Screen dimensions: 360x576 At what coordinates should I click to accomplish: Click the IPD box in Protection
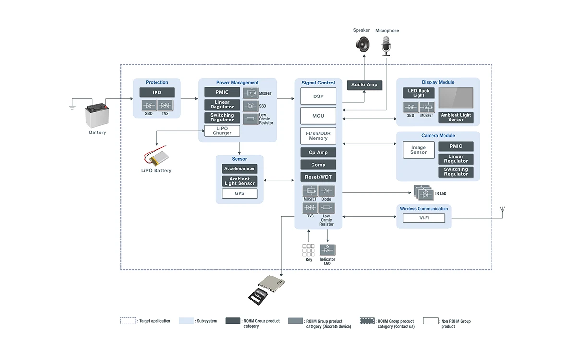tap(157, 93)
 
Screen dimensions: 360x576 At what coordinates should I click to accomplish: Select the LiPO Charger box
tap(222, 131)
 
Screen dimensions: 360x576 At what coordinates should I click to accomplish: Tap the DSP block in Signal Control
tap(318, 96)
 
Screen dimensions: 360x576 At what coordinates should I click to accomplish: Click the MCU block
tap(318, 116)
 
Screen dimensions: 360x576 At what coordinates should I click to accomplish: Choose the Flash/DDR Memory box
tap(318, 136)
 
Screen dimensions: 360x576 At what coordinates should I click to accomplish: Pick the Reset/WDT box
tap(318, 177)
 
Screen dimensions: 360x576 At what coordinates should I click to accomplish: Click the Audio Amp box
tap(364, 85)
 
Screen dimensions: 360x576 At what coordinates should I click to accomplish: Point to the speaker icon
tap(362, 45)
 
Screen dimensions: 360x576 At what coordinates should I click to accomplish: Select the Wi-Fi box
tap(424, 218)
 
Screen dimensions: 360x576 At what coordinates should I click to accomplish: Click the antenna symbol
tap(502, 211)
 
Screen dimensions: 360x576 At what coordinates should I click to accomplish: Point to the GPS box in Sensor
tap(240, 193)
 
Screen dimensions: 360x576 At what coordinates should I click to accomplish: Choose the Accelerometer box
tap(240, 169)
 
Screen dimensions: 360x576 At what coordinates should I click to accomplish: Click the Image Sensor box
tap(418, 150)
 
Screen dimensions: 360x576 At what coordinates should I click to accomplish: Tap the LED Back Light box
tap(419, 93)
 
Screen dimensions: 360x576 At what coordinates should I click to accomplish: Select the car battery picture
tap(97, 115)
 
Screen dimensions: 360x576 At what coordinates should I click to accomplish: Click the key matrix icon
tap(308, 250)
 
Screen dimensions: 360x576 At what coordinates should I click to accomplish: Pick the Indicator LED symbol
tap(327, 250)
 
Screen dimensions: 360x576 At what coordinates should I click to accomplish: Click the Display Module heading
tap(438, 82)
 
